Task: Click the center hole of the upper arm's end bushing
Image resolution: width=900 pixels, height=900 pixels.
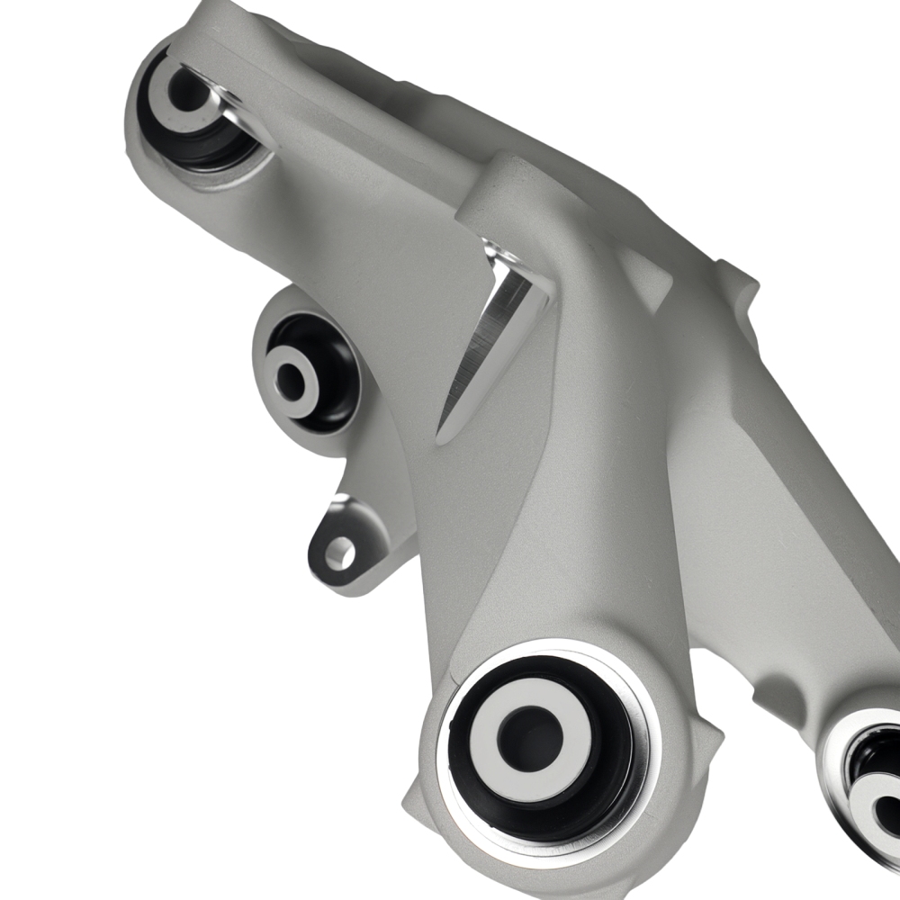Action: coord(185,90)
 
